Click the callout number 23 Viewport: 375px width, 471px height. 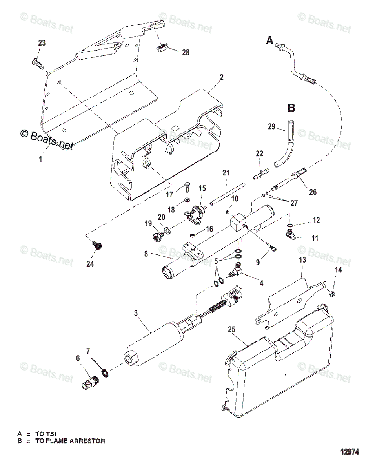42,43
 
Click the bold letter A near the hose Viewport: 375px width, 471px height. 269,40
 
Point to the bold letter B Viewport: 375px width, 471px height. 291,108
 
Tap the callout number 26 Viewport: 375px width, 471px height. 312,192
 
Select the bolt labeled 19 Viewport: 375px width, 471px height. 158,236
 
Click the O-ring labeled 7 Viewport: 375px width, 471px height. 105,372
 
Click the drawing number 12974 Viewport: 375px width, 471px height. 349,452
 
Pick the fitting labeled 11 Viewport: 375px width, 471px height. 290,235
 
